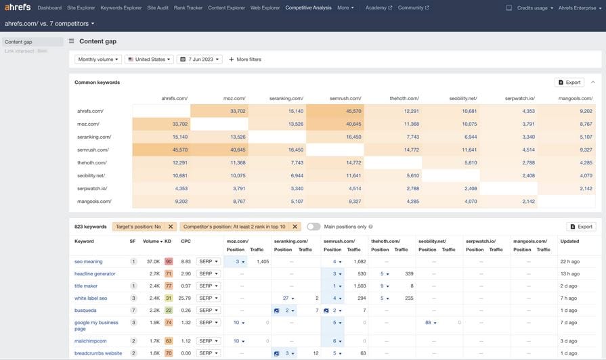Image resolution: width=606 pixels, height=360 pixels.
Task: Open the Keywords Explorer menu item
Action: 121,7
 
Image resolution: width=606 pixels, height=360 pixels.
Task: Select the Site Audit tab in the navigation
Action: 158,7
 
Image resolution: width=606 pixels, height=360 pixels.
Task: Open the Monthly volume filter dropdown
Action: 98,60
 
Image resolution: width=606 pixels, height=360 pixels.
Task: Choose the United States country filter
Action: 149,60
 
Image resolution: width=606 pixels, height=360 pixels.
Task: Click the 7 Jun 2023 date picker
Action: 199,60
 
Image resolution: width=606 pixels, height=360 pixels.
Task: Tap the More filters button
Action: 245,60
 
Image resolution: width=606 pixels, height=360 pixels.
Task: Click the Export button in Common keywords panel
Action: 569,83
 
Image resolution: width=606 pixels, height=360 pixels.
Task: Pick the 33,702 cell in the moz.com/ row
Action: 160,124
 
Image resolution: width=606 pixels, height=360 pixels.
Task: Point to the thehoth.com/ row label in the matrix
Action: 92,162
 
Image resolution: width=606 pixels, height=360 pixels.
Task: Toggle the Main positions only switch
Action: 313,227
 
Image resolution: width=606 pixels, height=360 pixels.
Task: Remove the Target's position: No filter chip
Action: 171,227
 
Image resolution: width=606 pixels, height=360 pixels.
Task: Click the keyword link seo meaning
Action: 89,261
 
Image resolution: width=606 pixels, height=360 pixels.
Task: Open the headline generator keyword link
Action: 95,273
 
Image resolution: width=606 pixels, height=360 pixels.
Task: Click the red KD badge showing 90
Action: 169,261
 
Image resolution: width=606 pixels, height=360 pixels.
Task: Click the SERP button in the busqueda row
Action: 208,310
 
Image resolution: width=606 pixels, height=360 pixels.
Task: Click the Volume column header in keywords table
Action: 152,241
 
